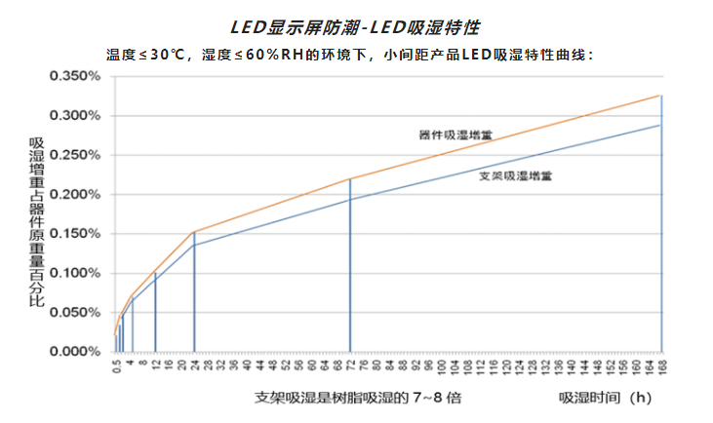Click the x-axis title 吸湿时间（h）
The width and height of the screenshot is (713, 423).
click(605, 398)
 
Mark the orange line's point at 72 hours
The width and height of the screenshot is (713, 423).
click(350, 178)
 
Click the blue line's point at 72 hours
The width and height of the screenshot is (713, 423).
click(350, 199)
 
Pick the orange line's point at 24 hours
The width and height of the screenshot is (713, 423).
click(194, 232)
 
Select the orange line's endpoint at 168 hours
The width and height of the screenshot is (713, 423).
click(661, 96)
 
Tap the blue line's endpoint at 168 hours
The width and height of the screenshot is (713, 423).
click(661, 125)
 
